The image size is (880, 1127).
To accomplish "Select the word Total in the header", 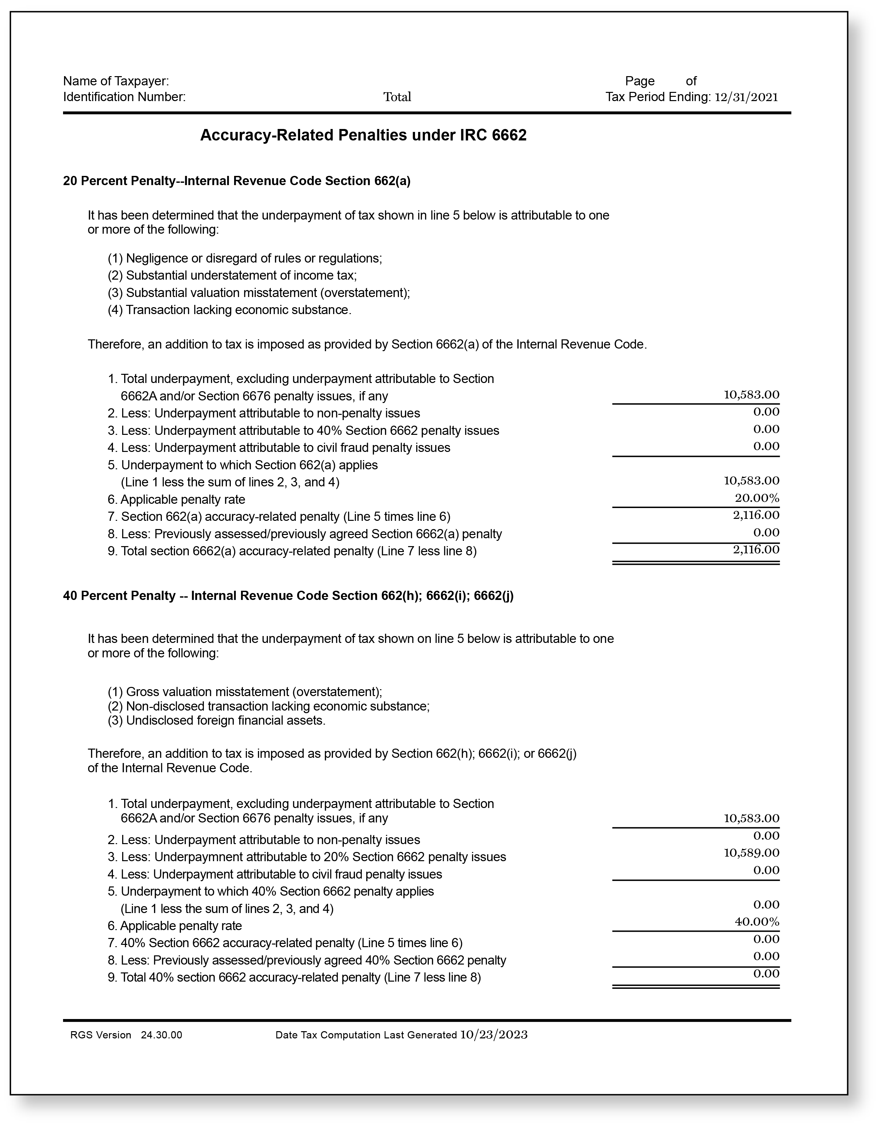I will [x=397, y=97].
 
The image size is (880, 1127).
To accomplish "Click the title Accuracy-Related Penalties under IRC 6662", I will [x=363, y=135].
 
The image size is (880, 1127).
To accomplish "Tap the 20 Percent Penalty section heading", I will [x=236, y=181].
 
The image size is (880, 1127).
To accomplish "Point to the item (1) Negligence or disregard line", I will [x=245, y=258].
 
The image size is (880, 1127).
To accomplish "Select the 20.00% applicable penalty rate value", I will [x=757, y=499].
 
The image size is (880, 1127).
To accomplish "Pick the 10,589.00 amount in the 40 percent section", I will [x=751, y=853].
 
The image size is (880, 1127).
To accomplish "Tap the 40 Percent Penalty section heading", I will [x=288, y=596].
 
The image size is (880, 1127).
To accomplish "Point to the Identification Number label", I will [x=124, y=97].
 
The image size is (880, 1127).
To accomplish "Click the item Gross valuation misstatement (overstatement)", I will [x=245, y=692].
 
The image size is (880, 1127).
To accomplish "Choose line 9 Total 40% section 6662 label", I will [x=294, y=978].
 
